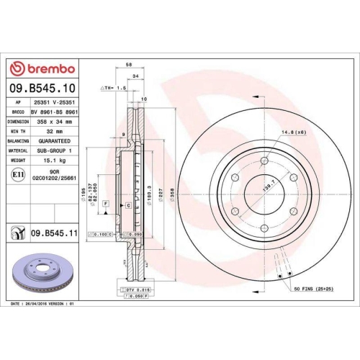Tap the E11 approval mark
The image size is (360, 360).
point(17,174)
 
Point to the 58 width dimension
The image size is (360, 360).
point(128,65)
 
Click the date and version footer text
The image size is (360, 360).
point(44,305)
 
